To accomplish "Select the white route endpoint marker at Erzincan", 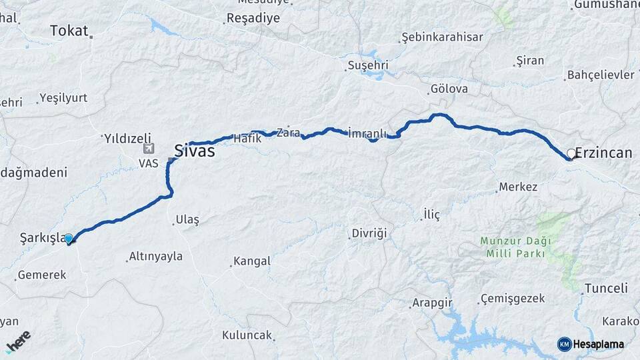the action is (571, 154).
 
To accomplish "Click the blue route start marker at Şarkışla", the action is (69, 238).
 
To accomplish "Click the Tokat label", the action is (69, 31).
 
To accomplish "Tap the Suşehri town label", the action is (367, 65).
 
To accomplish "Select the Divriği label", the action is (369, 234).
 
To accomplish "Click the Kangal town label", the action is (251, 261).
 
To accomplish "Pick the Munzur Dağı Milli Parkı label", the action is (513, 247).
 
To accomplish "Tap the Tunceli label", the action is (606, 289).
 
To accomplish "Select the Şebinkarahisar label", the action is (442, 37).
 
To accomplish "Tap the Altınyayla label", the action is (155, 256).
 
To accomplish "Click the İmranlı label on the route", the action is (367, 133).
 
